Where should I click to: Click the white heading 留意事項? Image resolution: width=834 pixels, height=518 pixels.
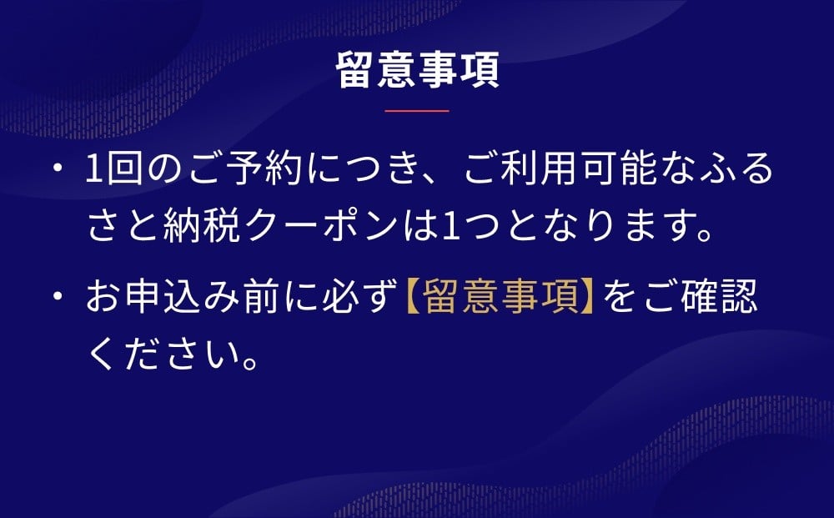click(x=418, y=70)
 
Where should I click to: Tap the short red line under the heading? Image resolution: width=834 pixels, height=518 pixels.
click(x=417, y=111)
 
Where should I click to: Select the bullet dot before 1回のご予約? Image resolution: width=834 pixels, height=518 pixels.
click(x=58, y=168)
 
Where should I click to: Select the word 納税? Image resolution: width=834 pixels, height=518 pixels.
click(x=202, y=226)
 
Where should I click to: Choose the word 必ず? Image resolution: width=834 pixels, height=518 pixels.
click(x=359, y=296)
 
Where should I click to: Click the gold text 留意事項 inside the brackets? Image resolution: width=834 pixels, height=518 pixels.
click(x=501, y=296)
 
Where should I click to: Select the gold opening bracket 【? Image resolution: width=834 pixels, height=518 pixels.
click(x=414, y=296)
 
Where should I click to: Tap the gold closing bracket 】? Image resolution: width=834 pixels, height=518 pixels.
click(x=586, y=296)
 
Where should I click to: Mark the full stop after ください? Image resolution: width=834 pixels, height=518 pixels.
click(x=250, y=363)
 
